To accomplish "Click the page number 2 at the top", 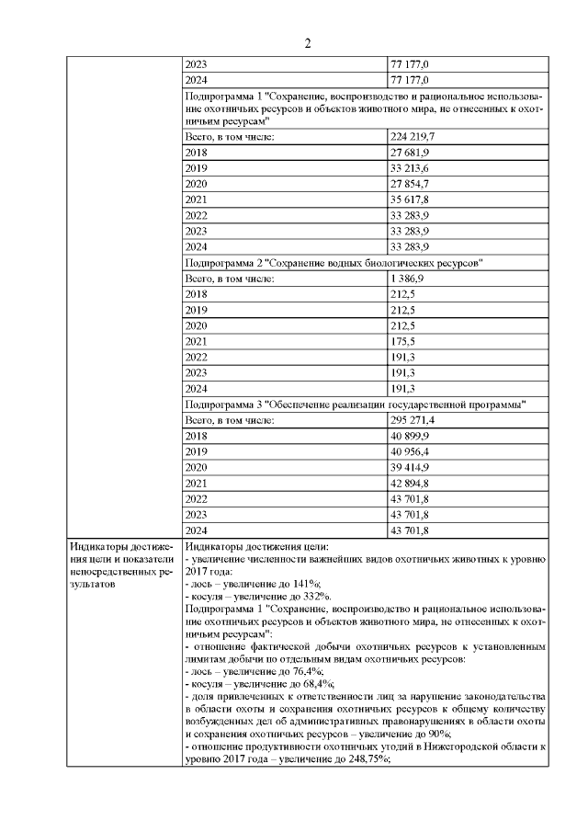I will (308, 44).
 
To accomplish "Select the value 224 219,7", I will (412, 136).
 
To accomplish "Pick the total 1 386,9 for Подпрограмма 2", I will (407, 278).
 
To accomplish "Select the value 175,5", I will (401, 341).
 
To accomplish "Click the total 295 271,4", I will (412, 419).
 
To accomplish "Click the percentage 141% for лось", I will (304, 584).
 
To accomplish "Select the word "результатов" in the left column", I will (95, 584).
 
